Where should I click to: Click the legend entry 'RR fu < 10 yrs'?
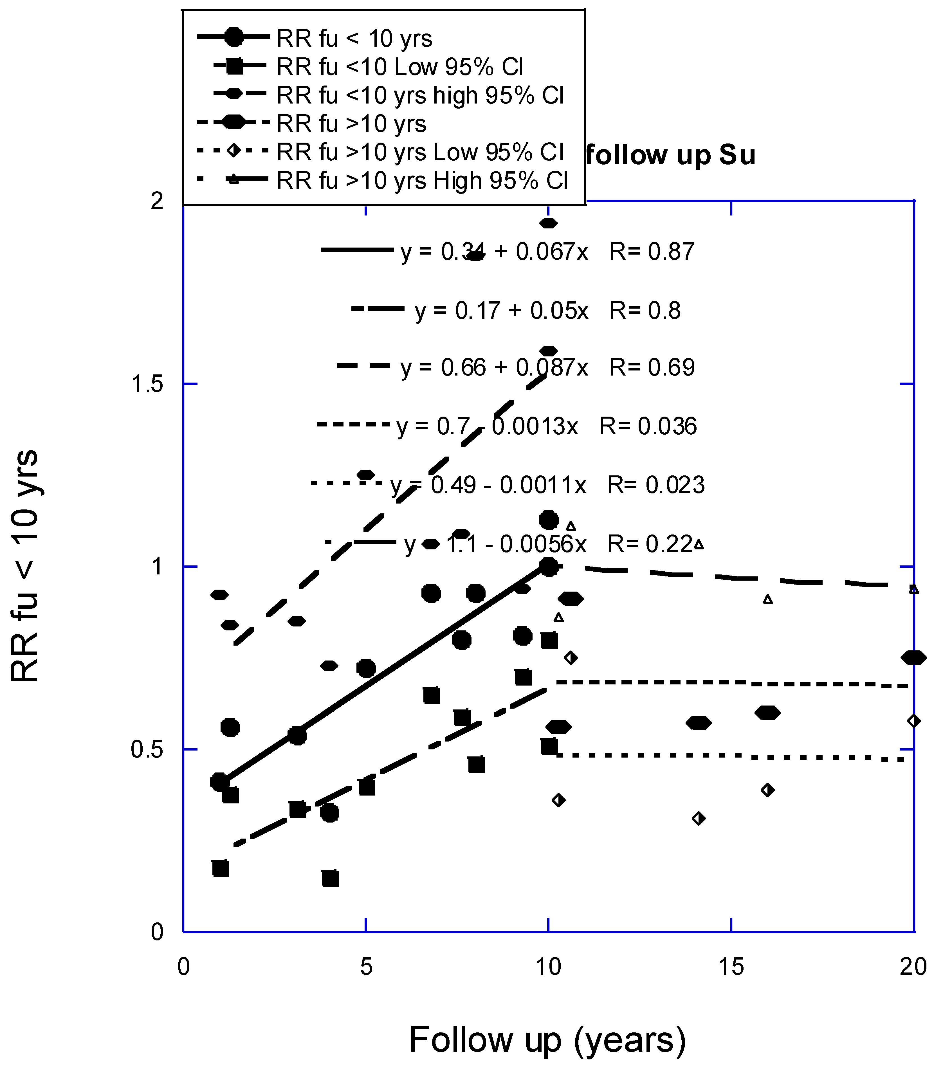click(x=354, y=39)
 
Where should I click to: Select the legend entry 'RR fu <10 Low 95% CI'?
click(x=399, y=67)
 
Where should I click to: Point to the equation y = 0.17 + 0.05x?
click(x=501, y=311)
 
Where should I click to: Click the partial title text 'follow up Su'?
click(x=670, y=155)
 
